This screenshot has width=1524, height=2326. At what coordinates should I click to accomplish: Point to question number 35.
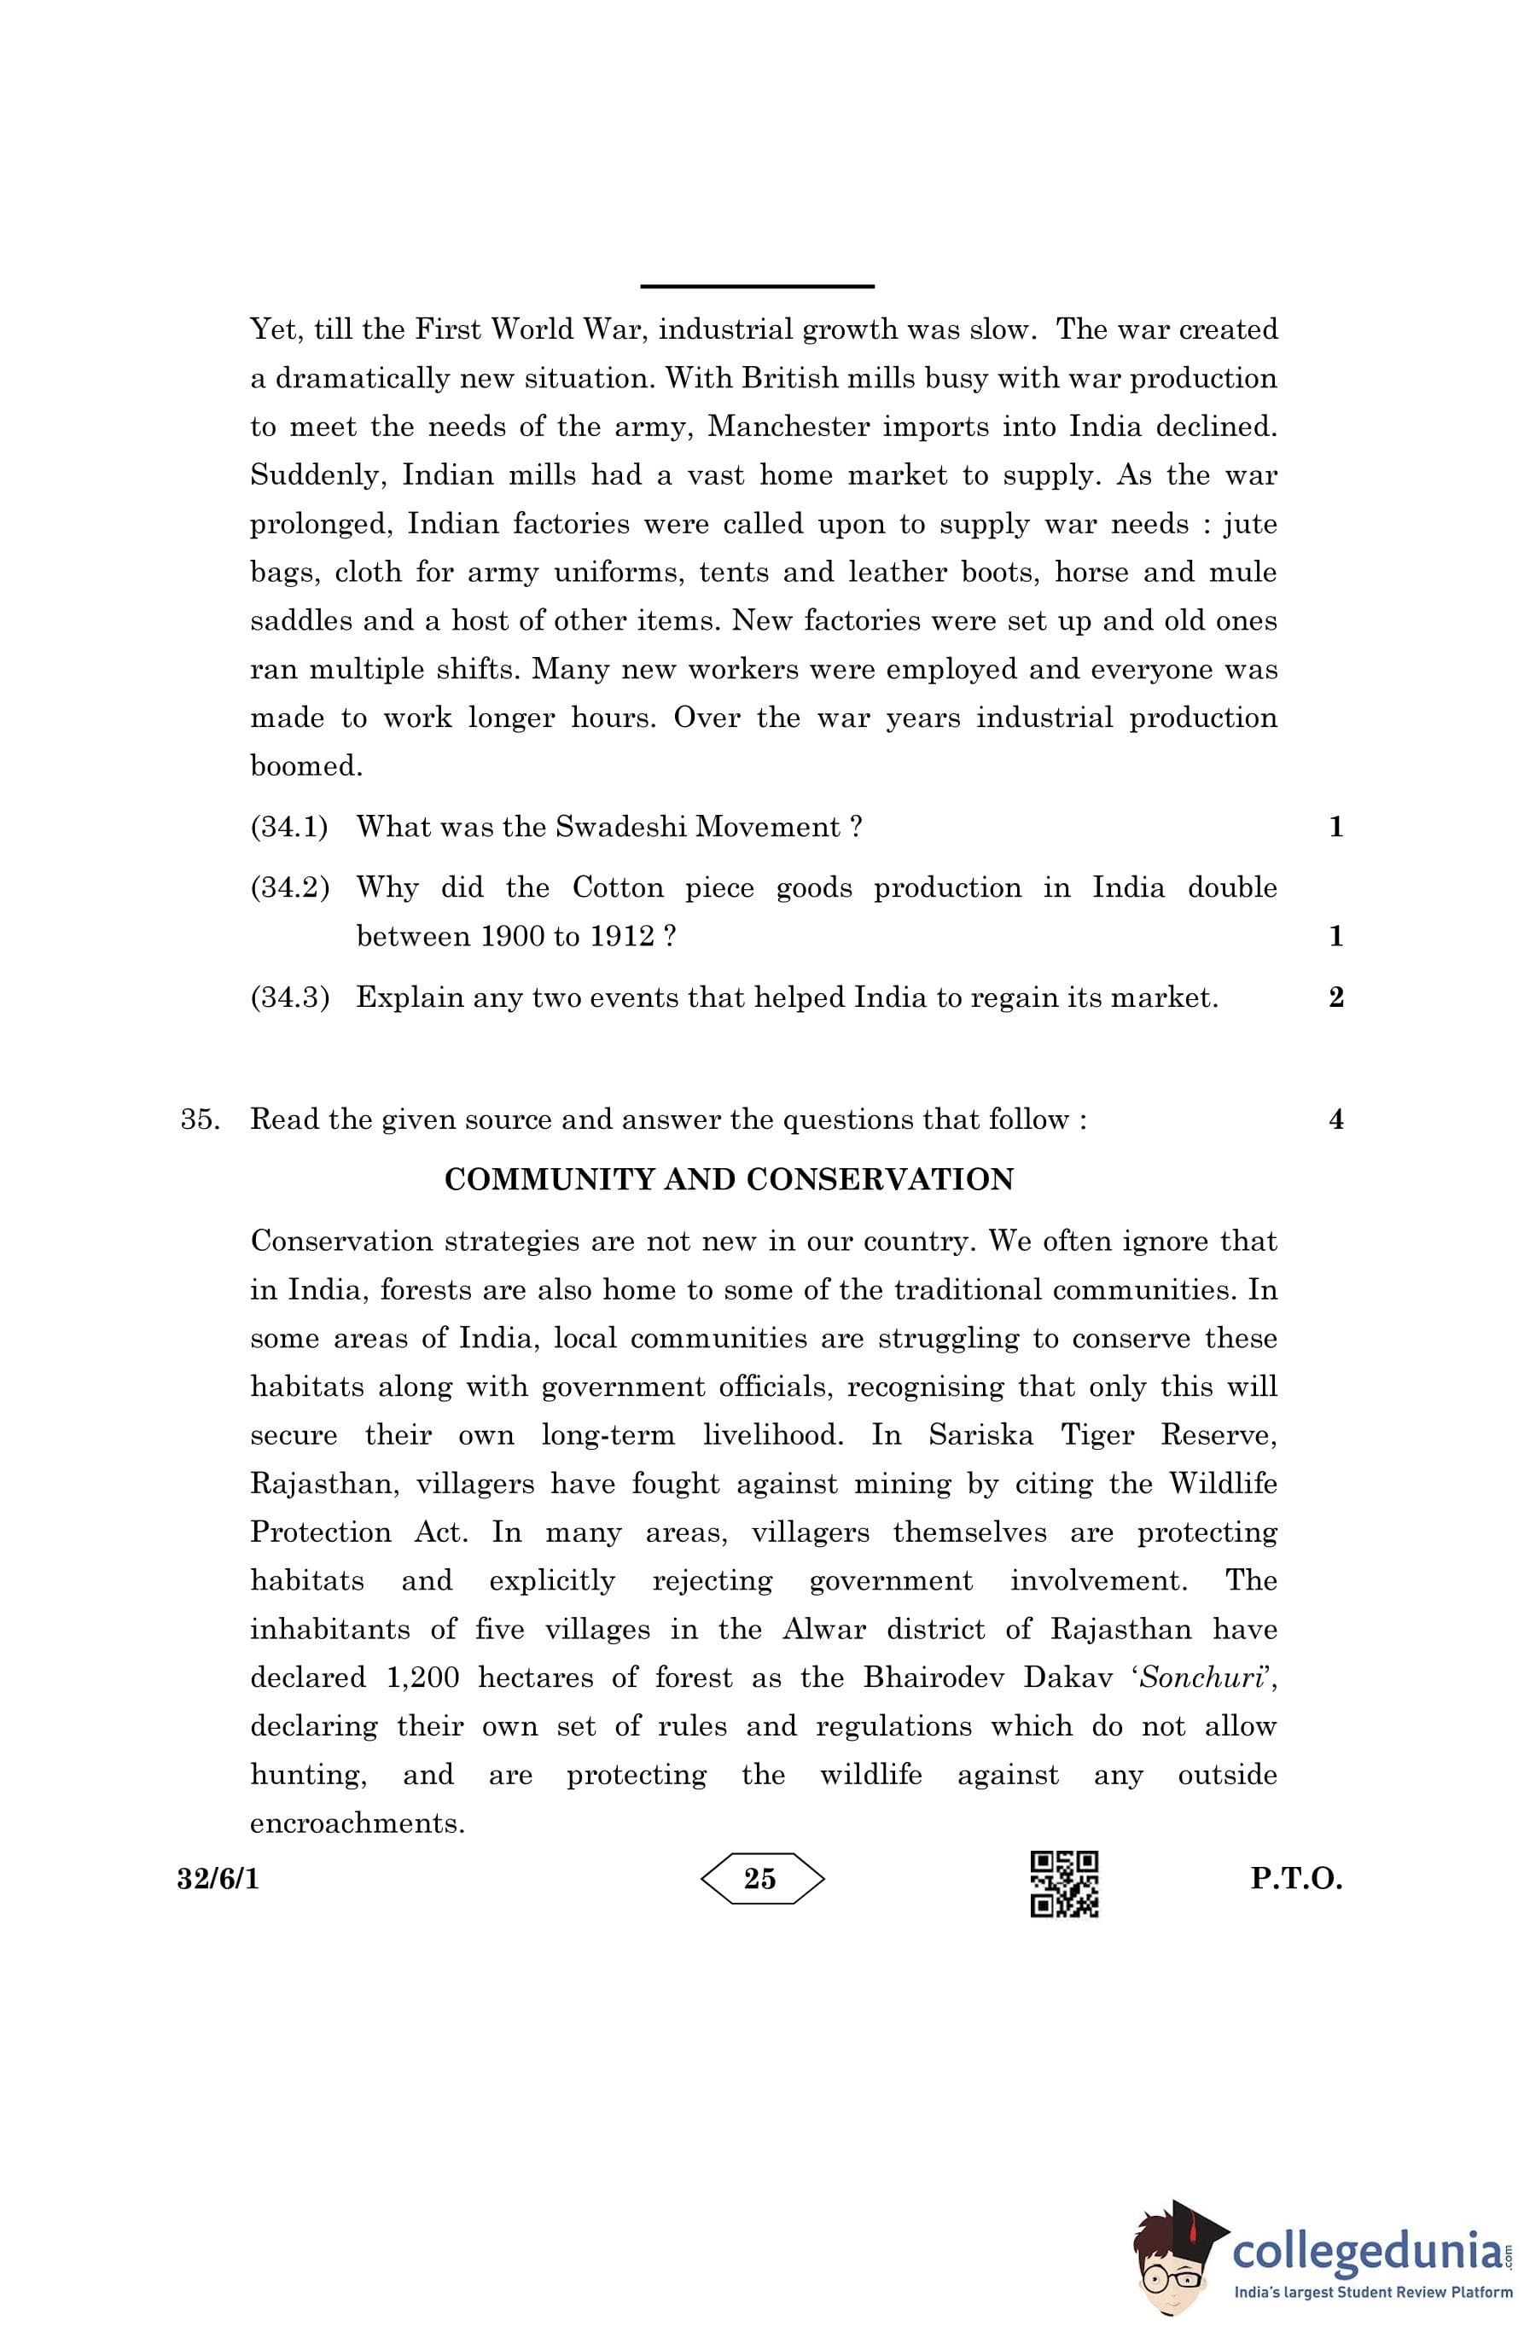click(200, 1119)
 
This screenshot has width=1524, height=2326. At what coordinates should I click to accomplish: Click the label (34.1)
click(289, 827)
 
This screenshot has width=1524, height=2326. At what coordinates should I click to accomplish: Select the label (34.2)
click(289, 887)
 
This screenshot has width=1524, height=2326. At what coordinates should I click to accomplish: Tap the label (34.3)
click(289, 997)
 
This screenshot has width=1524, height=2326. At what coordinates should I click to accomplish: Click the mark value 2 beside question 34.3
click(1336, 997)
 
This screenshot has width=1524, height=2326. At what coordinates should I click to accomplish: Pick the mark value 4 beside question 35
click(1336, 1119)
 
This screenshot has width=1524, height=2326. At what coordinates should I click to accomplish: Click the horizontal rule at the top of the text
click(757, 287)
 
